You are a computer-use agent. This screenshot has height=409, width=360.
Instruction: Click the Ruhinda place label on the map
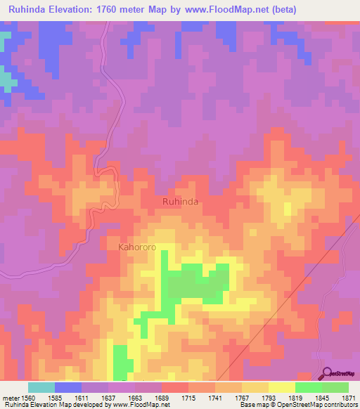(181, 202)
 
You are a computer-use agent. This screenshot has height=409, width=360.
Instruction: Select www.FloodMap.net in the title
(224, 9)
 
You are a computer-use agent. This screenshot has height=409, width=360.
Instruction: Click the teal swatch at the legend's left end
(41, 387)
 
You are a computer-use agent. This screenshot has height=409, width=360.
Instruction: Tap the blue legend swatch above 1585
(68, 387)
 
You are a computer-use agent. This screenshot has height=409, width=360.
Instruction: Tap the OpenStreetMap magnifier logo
(327, 373)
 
